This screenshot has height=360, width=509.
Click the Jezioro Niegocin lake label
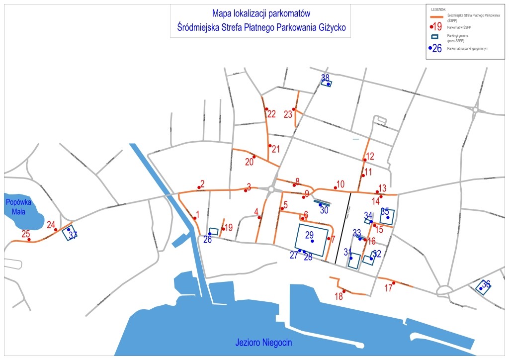(x=263, y=343)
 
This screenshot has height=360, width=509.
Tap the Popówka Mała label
(x=18, y=206)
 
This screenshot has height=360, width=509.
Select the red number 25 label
(x=26, y=234)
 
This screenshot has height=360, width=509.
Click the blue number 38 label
(x=325, y=78)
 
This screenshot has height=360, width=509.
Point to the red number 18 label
(x=339, y=297)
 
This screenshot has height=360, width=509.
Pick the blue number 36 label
(x=486, y=284)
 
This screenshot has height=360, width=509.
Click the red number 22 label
(x=271, y=114)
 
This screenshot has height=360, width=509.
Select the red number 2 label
(x=202, y=183)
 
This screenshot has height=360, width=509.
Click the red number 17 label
(x=388, y=288)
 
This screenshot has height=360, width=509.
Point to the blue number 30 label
(x=324, y=210)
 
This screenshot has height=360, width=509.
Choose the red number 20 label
(x=249, y=162)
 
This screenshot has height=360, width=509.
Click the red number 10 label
(x=340, y=184)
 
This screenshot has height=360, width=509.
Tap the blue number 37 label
(x=73, y=235)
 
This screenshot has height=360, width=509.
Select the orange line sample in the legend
(x=436, y=16)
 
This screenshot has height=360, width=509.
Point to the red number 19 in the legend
(x=437, y=27)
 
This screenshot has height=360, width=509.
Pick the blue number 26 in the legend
(x=437, y=48)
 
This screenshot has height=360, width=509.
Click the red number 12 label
(x=370, y=156)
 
